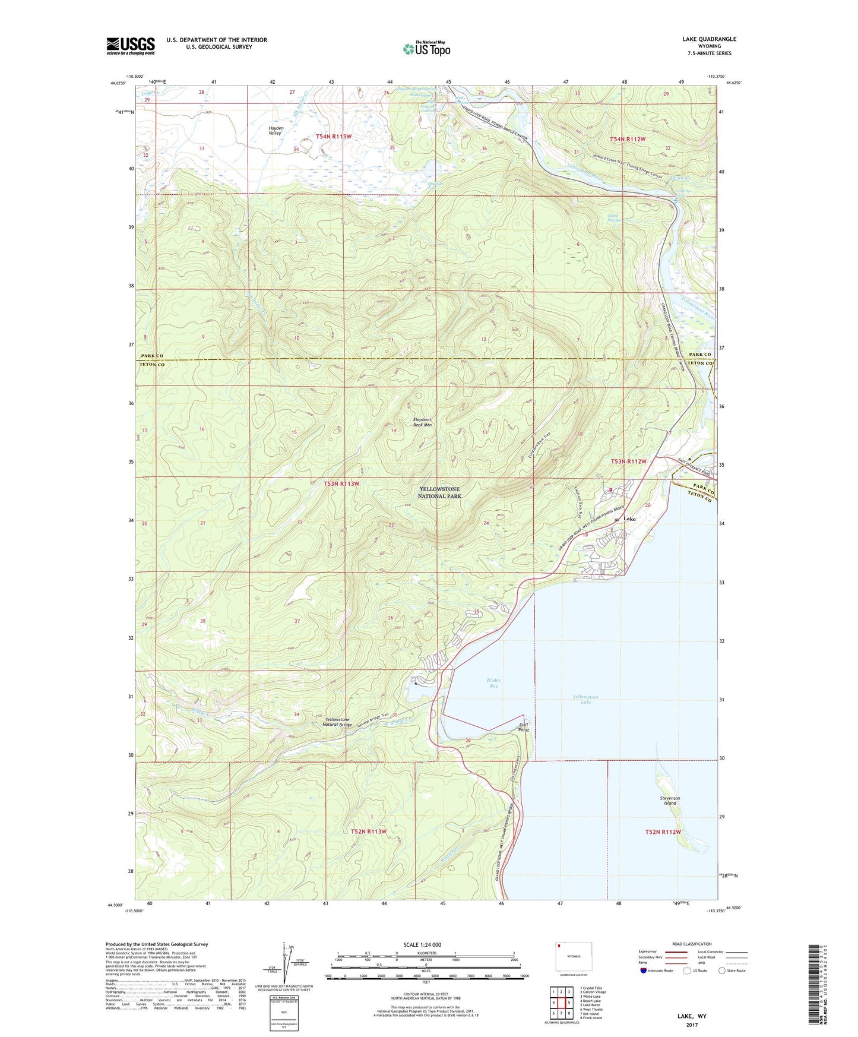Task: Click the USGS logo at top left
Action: [131, 46]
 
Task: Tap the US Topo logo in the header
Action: [426, 49]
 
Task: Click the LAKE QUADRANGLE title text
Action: [709, 39]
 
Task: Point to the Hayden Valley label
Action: [276, 131]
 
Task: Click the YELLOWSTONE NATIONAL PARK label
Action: [439, 492]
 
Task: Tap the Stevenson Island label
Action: [670, 801]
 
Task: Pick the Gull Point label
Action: [523, 727]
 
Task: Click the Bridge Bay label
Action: [493, 683]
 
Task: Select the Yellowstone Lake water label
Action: [585, 699]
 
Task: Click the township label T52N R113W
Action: [368, 832]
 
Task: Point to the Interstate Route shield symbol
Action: [644, 970]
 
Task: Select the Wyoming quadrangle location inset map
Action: [574, 957]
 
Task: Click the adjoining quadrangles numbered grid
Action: [561, 1003]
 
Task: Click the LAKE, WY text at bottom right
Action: [692, 1016]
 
